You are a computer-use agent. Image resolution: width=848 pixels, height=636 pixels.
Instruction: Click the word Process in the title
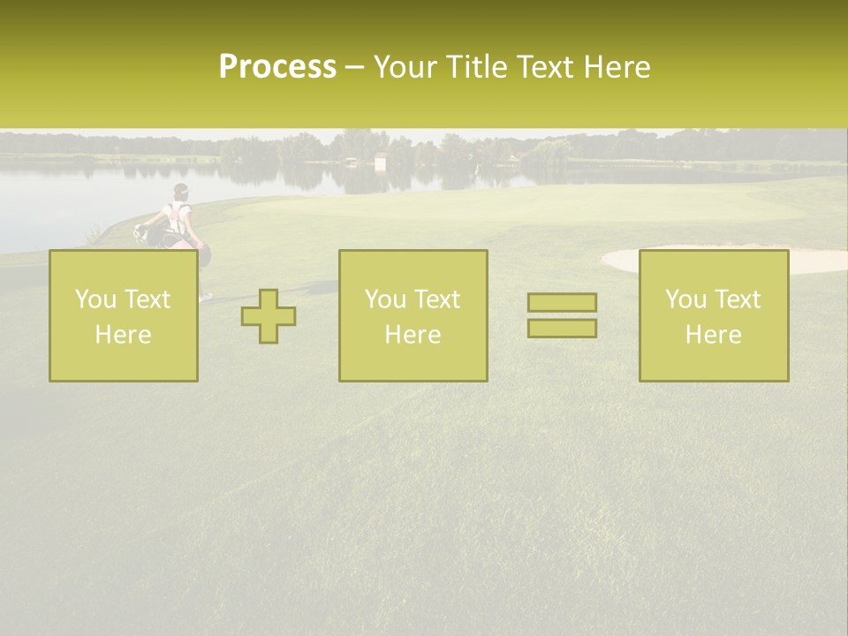277,67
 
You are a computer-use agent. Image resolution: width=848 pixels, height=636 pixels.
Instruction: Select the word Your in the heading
405,67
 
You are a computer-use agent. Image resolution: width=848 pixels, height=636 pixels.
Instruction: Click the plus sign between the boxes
269,316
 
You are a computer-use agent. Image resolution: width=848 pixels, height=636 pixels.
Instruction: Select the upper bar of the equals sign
562,302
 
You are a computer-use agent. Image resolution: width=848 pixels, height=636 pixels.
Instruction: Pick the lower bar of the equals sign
562,328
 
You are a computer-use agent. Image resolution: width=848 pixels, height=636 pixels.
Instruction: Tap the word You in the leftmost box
95,299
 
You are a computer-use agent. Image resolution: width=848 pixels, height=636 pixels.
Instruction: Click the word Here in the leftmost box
123,335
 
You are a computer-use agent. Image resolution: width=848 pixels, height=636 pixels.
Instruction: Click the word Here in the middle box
413,335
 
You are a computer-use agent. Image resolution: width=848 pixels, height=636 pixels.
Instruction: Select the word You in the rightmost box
685,299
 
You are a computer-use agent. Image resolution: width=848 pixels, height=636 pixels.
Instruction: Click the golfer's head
181,191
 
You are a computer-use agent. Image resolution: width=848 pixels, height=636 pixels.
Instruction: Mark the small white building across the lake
380,163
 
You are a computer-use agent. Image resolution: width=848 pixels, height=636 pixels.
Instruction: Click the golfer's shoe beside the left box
205,298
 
